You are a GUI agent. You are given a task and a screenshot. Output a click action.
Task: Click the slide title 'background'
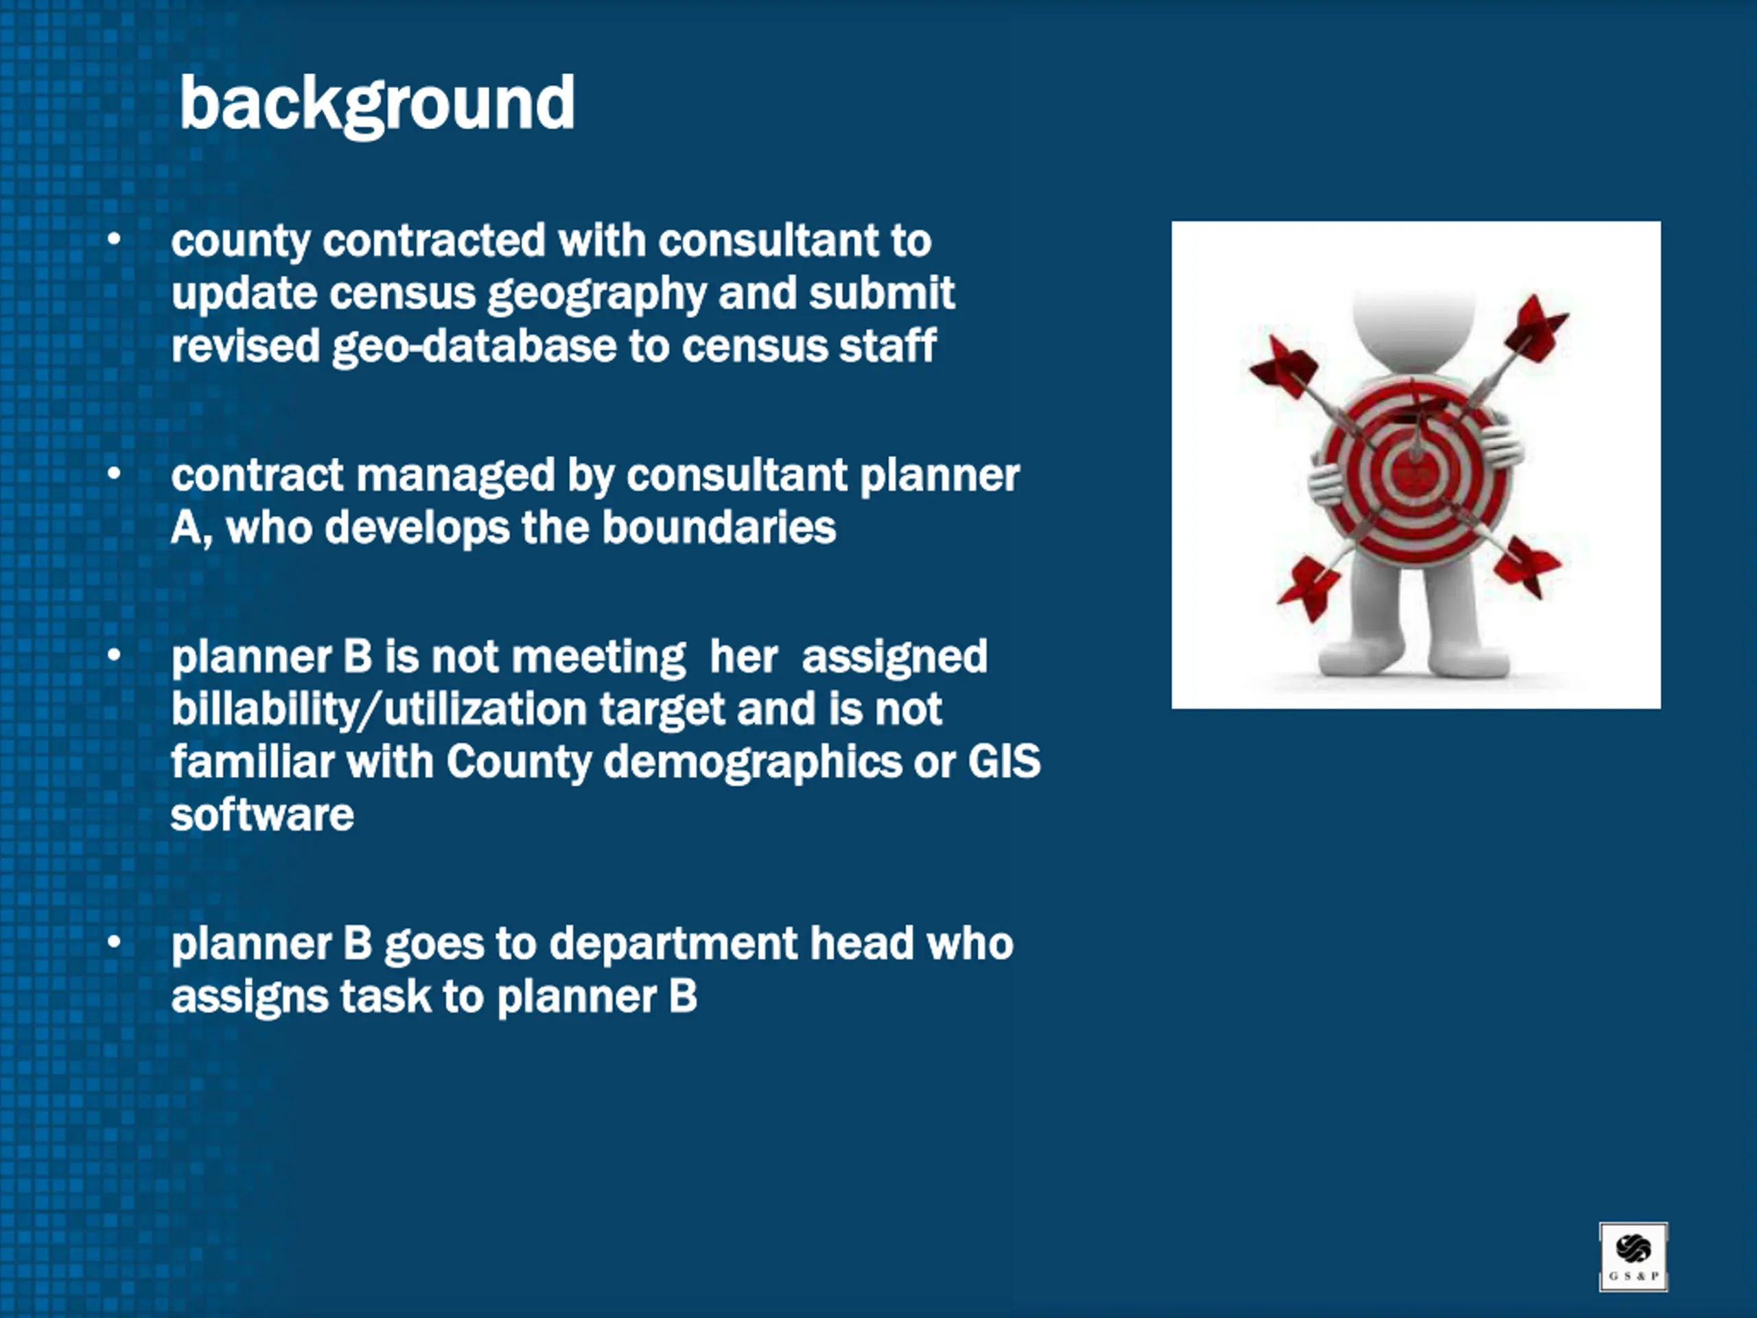(377, 104)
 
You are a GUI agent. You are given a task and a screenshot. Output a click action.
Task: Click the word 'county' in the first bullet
(241, 242)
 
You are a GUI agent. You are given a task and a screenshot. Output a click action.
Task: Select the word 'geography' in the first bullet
(596, 294)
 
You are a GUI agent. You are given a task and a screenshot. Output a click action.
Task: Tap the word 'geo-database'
(474, 347)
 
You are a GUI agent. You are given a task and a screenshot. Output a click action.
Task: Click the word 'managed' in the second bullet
(455, 476)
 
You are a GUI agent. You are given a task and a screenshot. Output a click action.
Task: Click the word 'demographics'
(753, 763)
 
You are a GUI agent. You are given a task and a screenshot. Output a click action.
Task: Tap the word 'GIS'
(1004, 761)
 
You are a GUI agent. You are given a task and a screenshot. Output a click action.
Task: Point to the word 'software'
(262, 814)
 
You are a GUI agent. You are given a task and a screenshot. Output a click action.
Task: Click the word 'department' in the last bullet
(673, 945)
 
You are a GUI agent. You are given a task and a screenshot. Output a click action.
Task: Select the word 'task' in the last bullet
(385, 996)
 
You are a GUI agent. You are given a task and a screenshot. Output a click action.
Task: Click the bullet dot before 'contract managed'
(115, 474)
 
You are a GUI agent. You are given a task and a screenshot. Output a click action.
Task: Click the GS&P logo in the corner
(1633, 1257)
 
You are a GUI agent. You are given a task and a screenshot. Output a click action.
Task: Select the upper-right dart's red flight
(1538, 327)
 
